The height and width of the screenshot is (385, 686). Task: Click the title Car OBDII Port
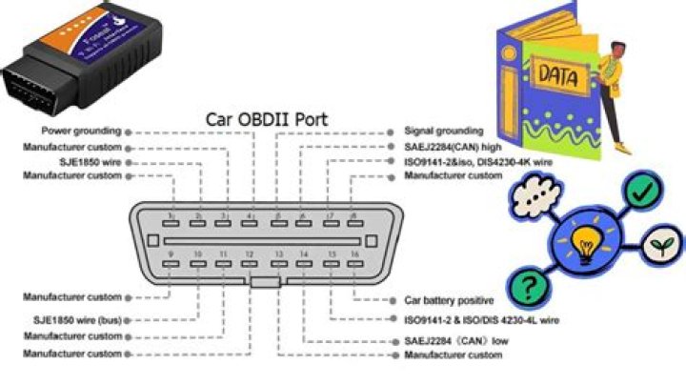click(268, 121)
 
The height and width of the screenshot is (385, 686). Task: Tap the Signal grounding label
click(443, 131)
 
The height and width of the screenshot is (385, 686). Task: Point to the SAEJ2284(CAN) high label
click(454, 147)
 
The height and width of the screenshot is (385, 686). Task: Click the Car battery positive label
click(450, 299)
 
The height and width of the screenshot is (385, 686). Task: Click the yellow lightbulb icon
click(583, 243)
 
